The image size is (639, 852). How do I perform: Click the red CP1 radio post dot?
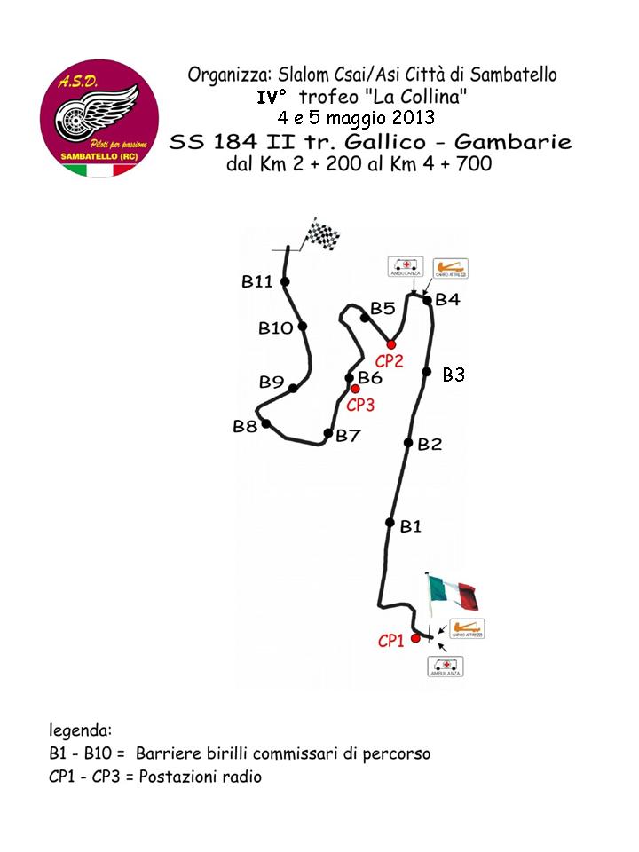tap(415, 638)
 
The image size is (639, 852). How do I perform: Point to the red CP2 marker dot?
tap(390, 344)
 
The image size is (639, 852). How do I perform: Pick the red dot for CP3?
tap(355, 389)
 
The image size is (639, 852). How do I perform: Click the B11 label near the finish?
tap(256, 281)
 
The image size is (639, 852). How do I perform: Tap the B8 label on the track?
tap(245, 427)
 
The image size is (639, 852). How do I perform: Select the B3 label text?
tap(454, 375)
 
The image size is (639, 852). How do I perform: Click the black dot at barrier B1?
tap(390, 523)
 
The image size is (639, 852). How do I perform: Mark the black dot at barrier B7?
tap(327, 433)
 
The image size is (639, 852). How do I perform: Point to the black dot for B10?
tap(303, 327)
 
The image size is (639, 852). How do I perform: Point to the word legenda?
tap(80, 731)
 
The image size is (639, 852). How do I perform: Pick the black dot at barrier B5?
tap(364, 318)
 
